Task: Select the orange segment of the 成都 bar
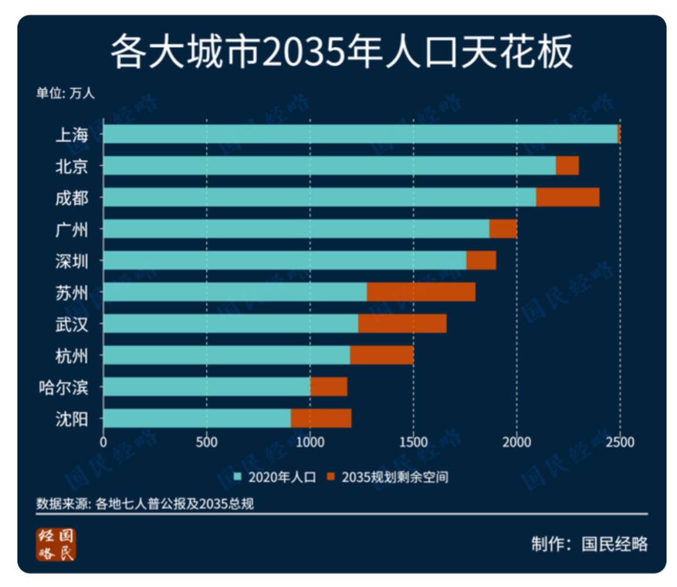click(x=567, y=197)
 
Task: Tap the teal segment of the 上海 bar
click(x=360, y=134)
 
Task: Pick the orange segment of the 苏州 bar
click(x=421, y=292)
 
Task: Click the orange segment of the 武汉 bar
click(x=402, y=324)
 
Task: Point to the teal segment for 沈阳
click(x=197, y=418)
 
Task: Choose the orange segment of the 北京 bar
click(x=567, y=166)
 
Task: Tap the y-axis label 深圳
click(x=71, y=260)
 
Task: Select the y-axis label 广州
click(x=71, y=229)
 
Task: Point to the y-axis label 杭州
click(x=71, y=356)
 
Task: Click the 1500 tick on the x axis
click(x=413, y=442)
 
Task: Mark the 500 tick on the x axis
click(x=206, y=442)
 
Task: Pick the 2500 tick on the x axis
click(x=620, y=442)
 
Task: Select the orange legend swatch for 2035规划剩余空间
click(x=332, y=477)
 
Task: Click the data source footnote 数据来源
click(x=145, y=504)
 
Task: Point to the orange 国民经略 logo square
click(x=56, y=544)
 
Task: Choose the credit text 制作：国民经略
click(x=589, y=544)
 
